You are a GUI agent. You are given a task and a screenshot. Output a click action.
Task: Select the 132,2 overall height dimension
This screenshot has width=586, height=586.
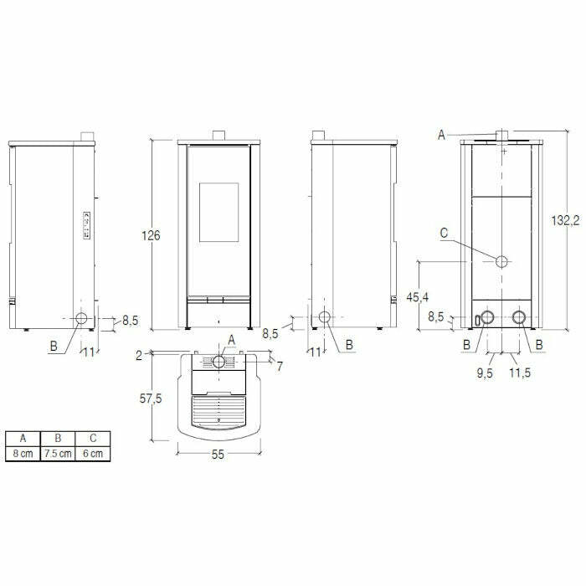[x=567, y=221]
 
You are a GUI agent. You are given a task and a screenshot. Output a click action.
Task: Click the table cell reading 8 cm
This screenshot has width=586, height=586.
[x=22, y=453]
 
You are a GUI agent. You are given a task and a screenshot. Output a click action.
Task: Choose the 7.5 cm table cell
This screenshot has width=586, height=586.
[x=58, y=453]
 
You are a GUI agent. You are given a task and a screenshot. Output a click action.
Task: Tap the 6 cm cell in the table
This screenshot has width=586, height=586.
[x=92, y=453]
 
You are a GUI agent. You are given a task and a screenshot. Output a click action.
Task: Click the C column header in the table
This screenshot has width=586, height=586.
[x=92, y=438]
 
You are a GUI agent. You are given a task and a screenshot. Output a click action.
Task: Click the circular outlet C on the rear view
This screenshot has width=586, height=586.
[x=501, y=261]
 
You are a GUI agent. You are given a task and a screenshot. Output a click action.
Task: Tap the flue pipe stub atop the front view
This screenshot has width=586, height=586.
[x=218, y=136]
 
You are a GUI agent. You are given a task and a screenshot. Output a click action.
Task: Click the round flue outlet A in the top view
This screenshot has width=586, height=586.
[x=219, y=362]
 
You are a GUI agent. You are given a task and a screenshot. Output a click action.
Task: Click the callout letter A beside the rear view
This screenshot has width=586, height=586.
[x=443, y=134]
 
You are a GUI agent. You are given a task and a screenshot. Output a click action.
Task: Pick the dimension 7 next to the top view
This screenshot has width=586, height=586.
[x=280, y=366]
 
